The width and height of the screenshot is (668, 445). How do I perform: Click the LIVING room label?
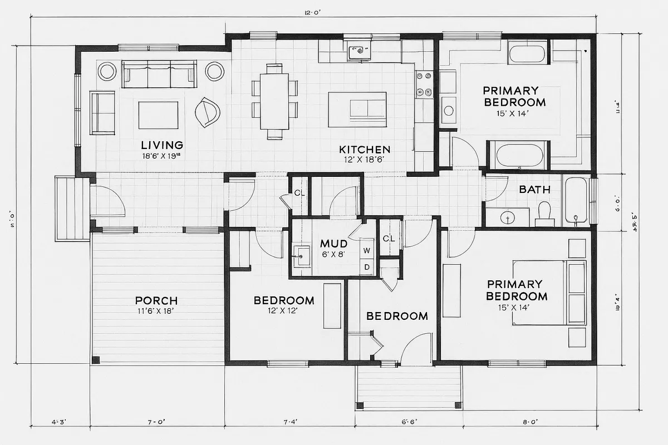[x=161, y=145]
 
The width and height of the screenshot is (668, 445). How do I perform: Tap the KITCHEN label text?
[x=365, y=149]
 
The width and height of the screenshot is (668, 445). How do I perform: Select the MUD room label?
[x=334, y=244]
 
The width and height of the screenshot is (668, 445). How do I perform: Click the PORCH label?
[x=156, y=300]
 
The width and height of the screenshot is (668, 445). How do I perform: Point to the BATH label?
[x=534, y=189]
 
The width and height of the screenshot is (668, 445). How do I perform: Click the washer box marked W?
[x=367, y=251]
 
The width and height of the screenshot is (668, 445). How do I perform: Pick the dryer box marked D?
[x=367, y=267]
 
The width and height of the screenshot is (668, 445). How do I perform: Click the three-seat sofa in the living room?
[x=159, y=75]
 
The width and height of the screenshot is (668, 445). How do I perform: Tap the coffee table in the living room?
[x=158, y=114]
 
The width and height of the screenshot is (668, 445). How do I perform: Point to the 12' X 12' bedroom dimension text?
[x=284, y=311]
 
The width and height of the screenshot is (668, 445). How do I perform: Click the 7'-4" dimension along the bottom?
[x=291, y=422]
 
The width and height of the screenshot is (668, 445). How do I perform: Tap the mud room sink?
[x=302, y=256]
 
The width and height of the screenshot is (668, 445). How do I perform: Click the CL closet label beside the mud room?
[x=389, y=239]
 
